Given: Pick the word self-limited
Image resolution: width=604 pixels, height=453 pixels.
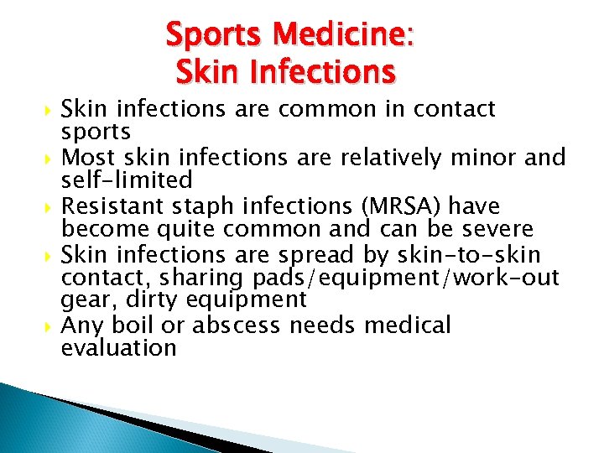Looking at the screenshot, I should (127, 180).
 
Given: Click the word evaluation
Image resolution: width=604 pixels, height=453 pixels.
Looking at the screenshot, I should (119, 348).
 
